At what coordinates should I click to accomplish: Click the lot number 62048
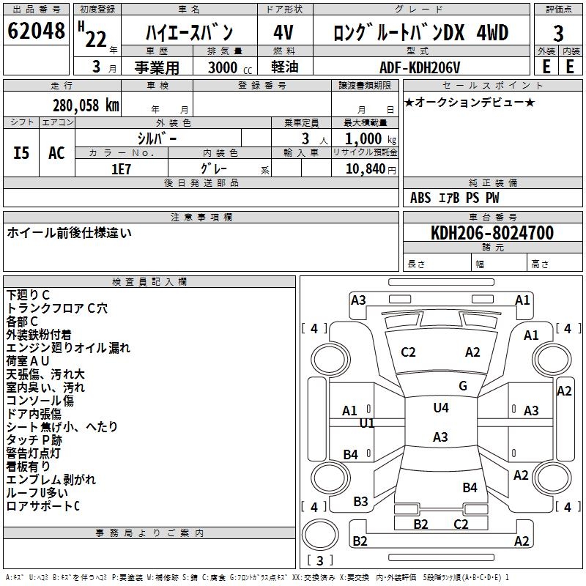[35, 31]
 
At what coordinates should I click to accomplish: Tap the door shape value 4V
[283, 32]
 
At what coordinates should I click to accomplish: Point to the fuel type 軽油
[283, 67]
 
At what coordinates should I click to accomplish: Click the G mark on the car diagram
[462, 386]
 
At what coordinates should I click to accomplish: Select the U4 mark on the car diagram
[441, 408]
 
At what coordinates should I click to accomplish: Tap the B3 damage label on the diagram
[360, 502]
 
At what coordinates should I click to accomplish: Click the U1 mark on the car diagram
[367, 423]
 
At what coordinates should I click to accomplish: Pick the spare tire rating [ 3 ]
[320, 561]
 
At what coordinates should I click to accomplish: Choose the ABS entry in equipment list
[421, 198]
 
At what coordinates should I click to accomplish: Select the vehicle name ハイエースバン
[189, 32]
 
